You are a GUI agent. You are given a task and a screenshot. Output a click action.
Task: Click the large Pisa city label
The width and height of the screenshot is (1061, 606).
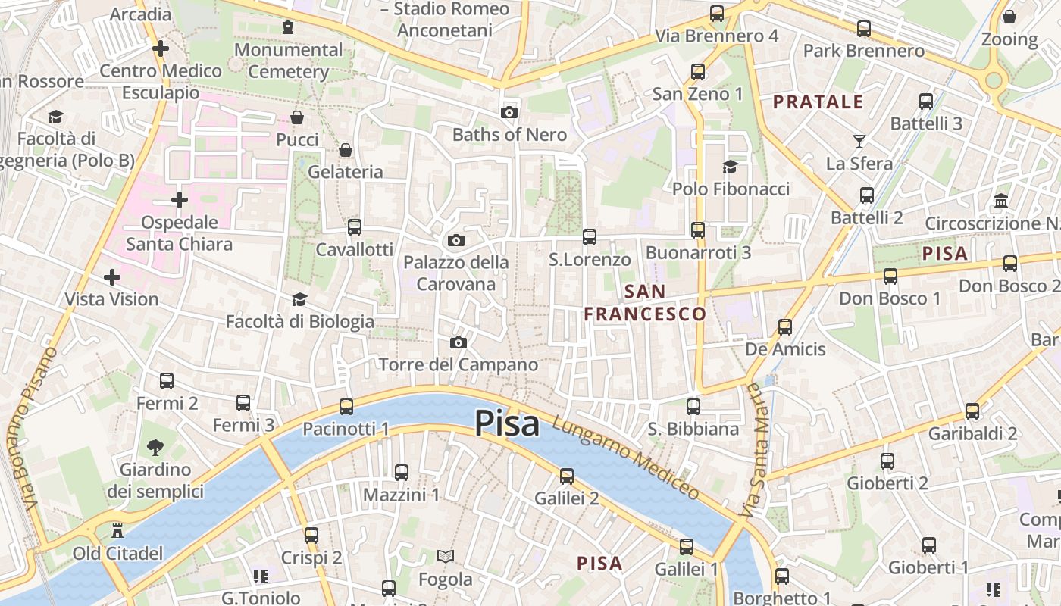point(507,423)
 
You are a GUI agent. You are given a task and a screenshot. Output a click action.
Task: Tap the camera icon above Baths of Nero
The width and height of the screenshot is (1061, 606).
point(509,112)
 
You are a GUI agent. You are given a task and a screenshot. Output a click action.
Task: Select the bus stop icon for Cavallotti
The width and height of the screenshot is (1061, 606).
point(354,227)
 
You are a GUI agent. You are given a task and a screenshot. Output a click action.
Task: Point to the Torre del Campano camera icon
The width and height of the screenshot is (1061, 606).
point(458,342)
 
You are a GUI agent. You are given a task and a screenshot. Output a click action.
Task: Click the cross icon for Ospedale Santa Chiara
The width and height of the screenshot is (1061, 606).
point(179,200)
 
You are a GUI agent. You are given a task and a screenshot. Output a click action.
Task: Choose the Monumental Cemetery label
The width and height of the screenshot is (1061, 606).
point(289,61)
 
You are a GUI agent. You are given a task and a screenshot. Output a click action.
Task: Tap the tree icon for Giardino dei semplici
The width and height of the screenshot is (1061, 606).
point(155,448)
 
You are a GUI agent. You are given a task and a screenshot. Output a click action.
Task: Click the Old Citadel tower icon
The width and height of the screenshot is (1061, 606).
point(117,530)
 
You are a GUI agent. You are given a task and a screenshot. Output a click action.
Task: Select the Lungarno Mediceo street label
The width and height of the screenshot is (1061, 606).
point(626,458)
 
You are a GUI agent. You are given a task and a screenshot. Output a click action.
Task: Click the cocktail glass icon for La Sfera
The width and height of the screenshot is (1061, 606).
point(859,141)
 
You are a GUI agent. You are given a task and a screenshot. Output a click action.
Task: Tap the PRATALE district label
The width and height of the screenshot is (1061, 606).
point(818,102)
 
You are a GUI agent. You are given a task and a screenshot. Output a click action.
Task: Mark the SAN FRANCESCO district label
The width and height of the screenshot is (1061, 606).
point(645,302)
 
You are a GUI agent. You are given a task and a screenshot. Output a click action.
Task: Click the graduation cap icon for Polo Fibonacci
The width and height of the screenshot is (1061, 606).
point(730,167)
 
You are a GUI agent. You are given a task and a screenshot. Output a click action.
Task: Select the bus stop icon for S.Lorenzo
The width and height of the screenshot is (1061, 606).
point(590,237)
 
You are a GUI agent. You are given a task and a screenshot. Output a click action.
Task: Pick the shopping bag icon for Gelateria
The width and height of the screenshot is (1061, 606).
point(346,150)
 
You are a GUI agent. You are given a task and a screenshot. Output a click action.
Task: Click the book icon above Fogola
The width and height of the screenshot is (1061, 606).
point(446,557)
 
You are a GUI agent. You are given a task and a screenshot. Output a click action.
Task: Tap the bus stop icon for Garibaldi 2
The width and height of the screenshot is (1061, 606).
point(972,411)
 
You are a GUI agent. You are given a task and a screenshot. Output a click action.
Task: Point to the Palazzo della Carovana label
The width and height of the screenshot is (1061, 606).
point(456,273)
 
